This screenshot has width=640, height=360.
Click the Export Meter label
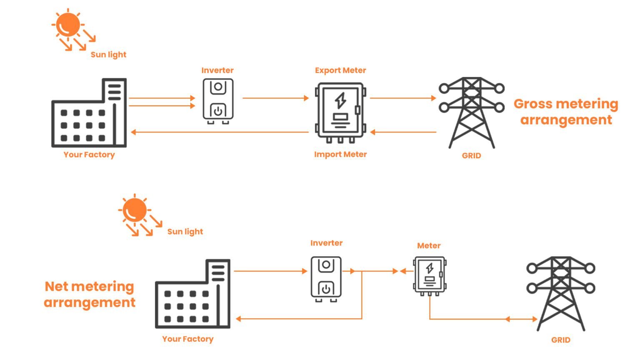[x=340, y=70]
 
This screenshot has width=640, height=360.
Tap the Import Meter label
[x=340, y=154]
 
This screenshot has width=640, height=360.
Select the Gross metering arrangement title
[x=566, y=112]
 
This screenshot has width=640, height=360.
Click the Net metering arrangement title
[x=90, y=294]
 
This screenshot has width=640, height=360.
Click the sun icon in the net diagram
[x=135, y=210]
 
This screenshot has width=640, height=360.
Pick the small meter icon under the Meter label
[x=429, y=275]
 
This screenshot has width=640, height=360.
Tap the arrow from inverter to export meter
[x=275, y=98]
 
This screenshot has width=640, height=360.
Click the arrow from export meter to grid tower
[x=402, y=98]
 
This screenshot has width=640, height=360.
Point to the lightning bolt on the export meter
[x=340, y=100]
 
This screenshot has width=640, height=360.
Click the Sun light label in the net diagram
[x=185, y=232]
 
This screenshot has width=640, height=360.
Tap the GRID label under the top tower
[x=471, y=155]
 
